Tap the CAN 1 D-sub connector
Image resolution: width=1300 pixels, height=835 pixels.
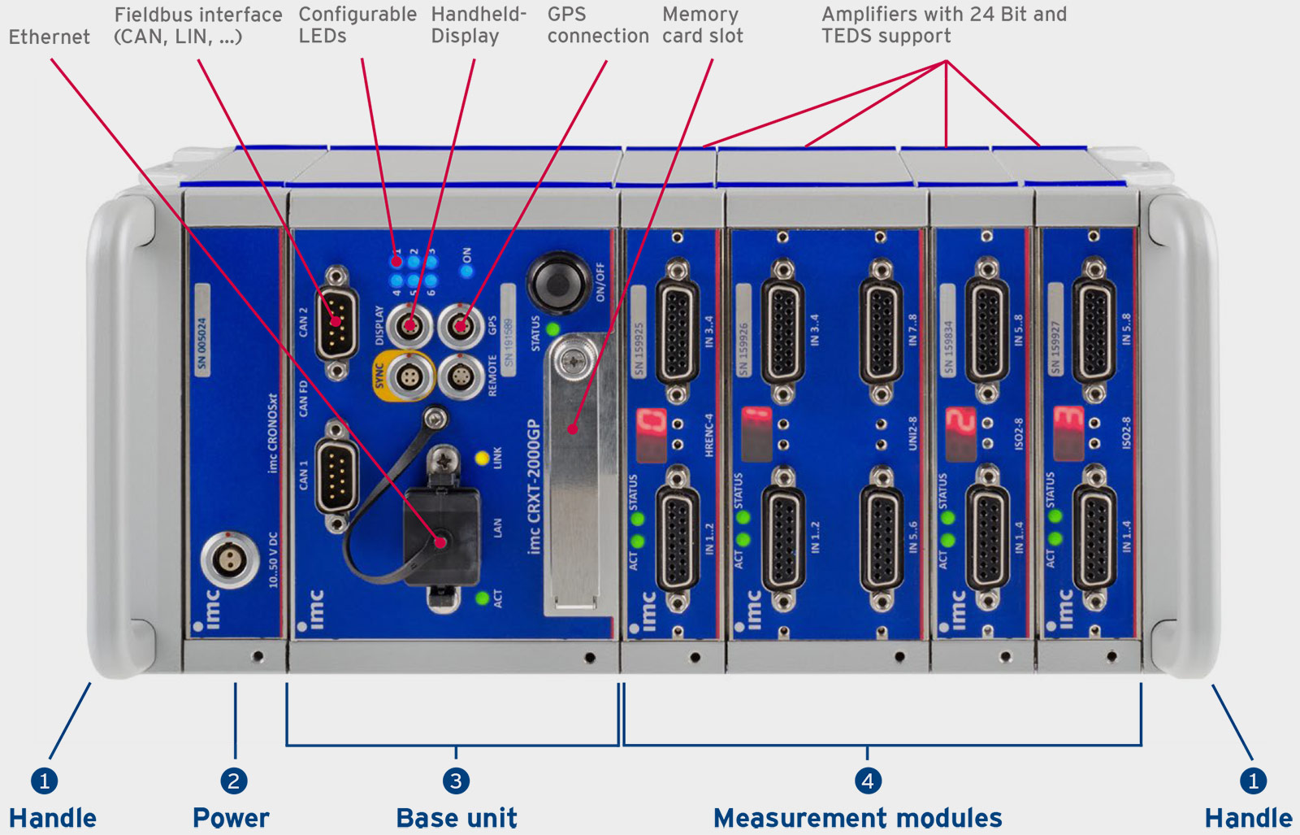(336, 476)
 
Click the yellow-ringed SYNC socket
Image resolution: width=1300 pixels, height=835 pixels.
(409, 377)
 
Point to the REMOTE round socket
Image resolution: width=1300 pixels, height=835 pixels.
(461, 377)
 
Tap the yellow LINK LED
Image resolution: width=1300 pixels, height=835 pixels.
(482, 458)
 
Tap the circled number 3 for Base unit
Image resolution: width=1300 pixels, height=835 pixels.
(456, 781)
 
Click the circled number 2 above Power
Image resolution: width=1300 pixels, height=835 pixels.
(234, 781)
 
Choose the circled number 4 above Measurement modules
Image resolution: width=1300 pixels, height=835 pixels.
(868, 781)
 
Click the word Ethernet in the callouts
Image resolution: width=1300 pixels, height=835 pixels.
(50, 37)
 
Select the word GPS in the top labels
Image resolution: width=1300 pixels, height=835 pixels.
(566, 15)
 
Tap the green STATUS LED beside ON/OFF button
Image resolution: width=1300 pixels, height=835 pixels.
(553, 328)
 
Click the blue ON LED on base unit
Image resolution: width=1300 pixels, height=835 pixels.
(466, 272)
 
